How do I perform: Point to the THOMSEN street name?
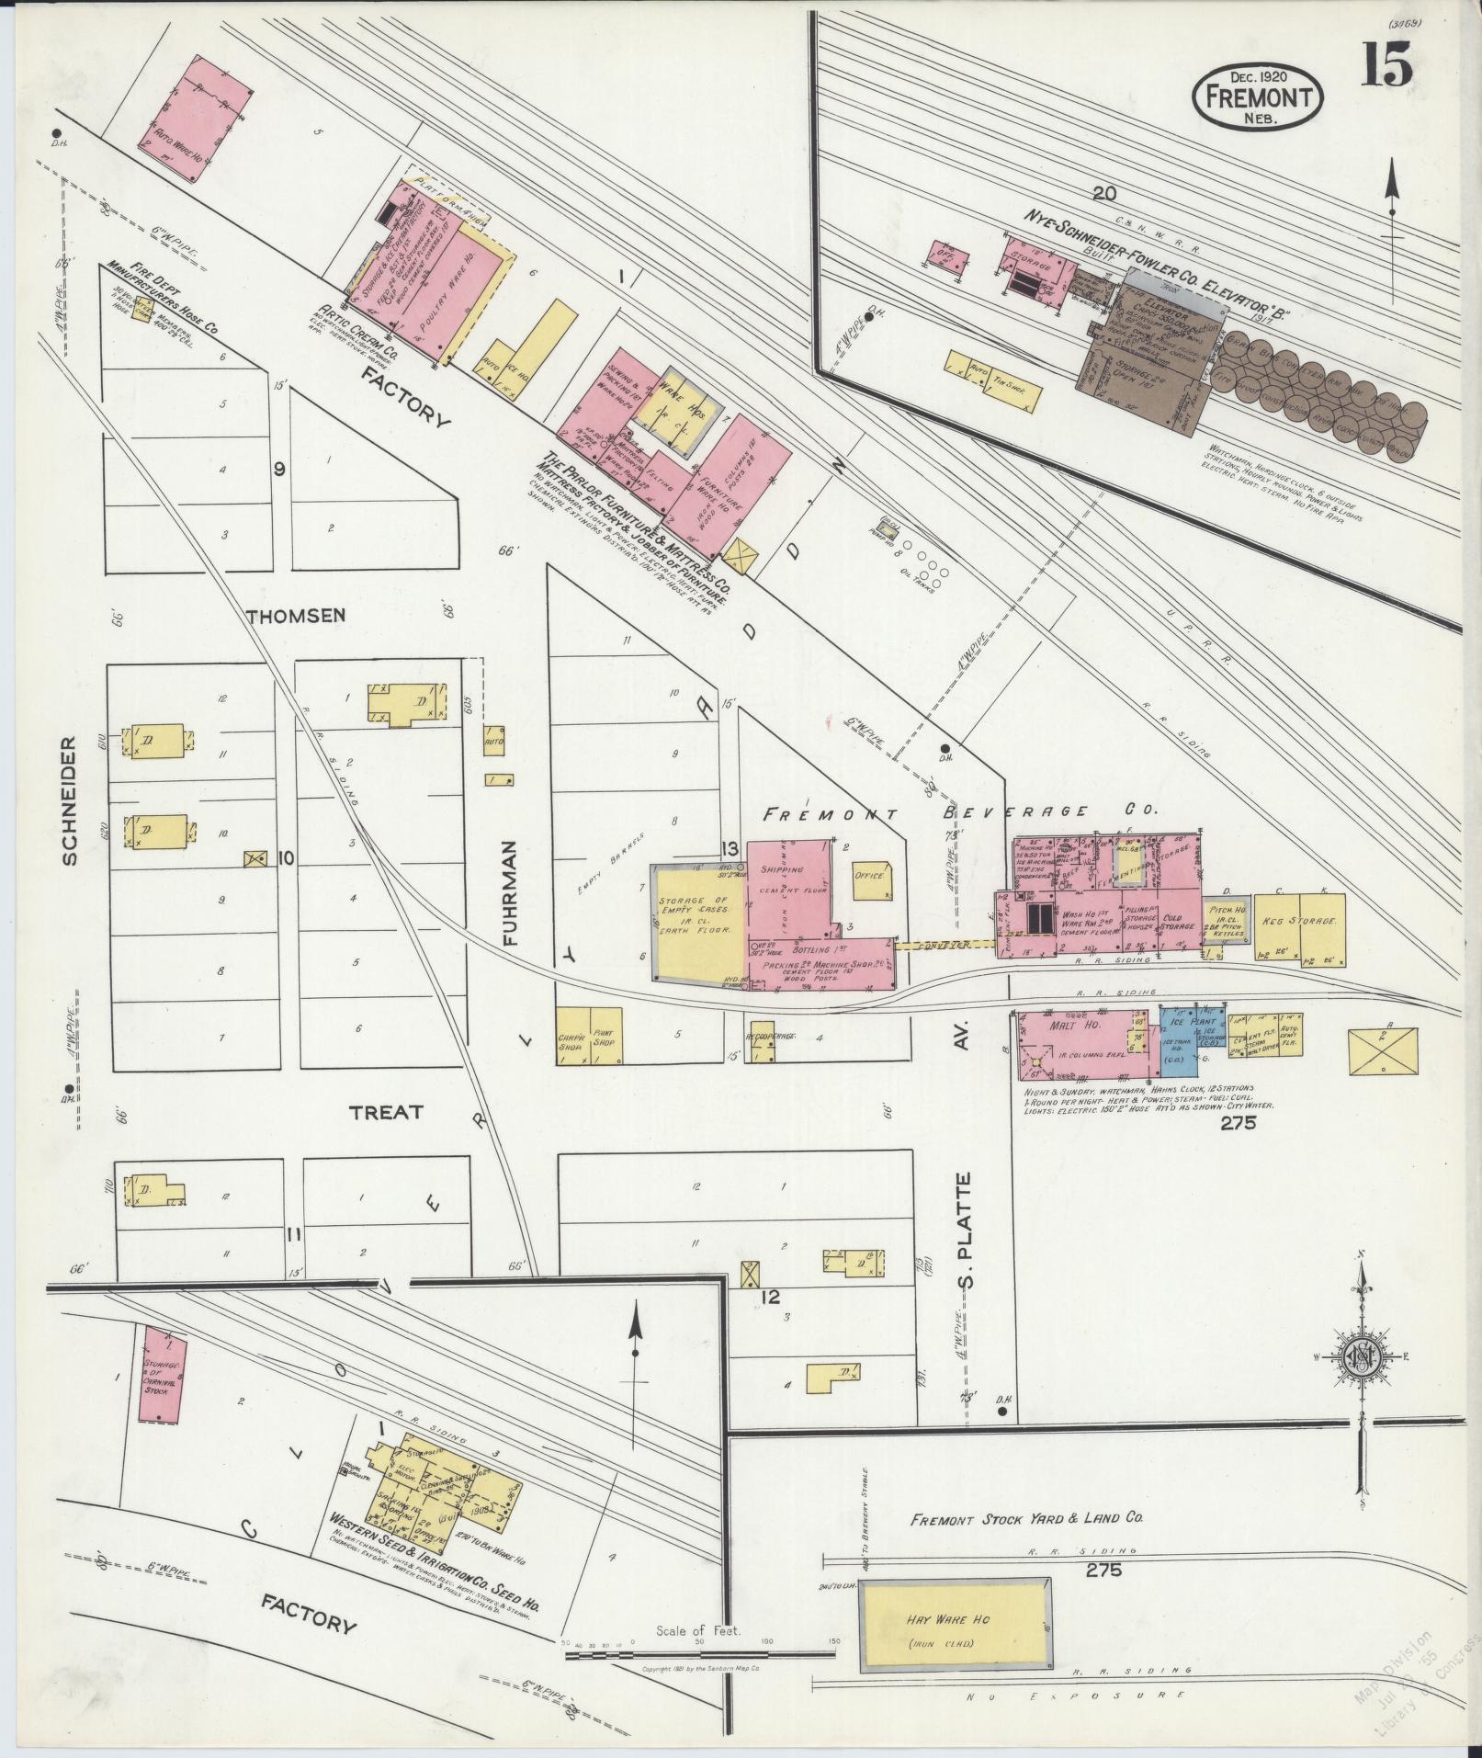(x=296, y=615)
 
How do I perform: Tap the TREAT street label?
(x=386, y=1112)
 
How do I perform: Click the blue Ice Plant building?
(x=1192, y=1043)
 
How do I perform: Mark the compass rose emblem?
(x=1361, y=1358)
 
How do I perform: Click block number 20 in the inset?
(x=1103, y=192)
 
